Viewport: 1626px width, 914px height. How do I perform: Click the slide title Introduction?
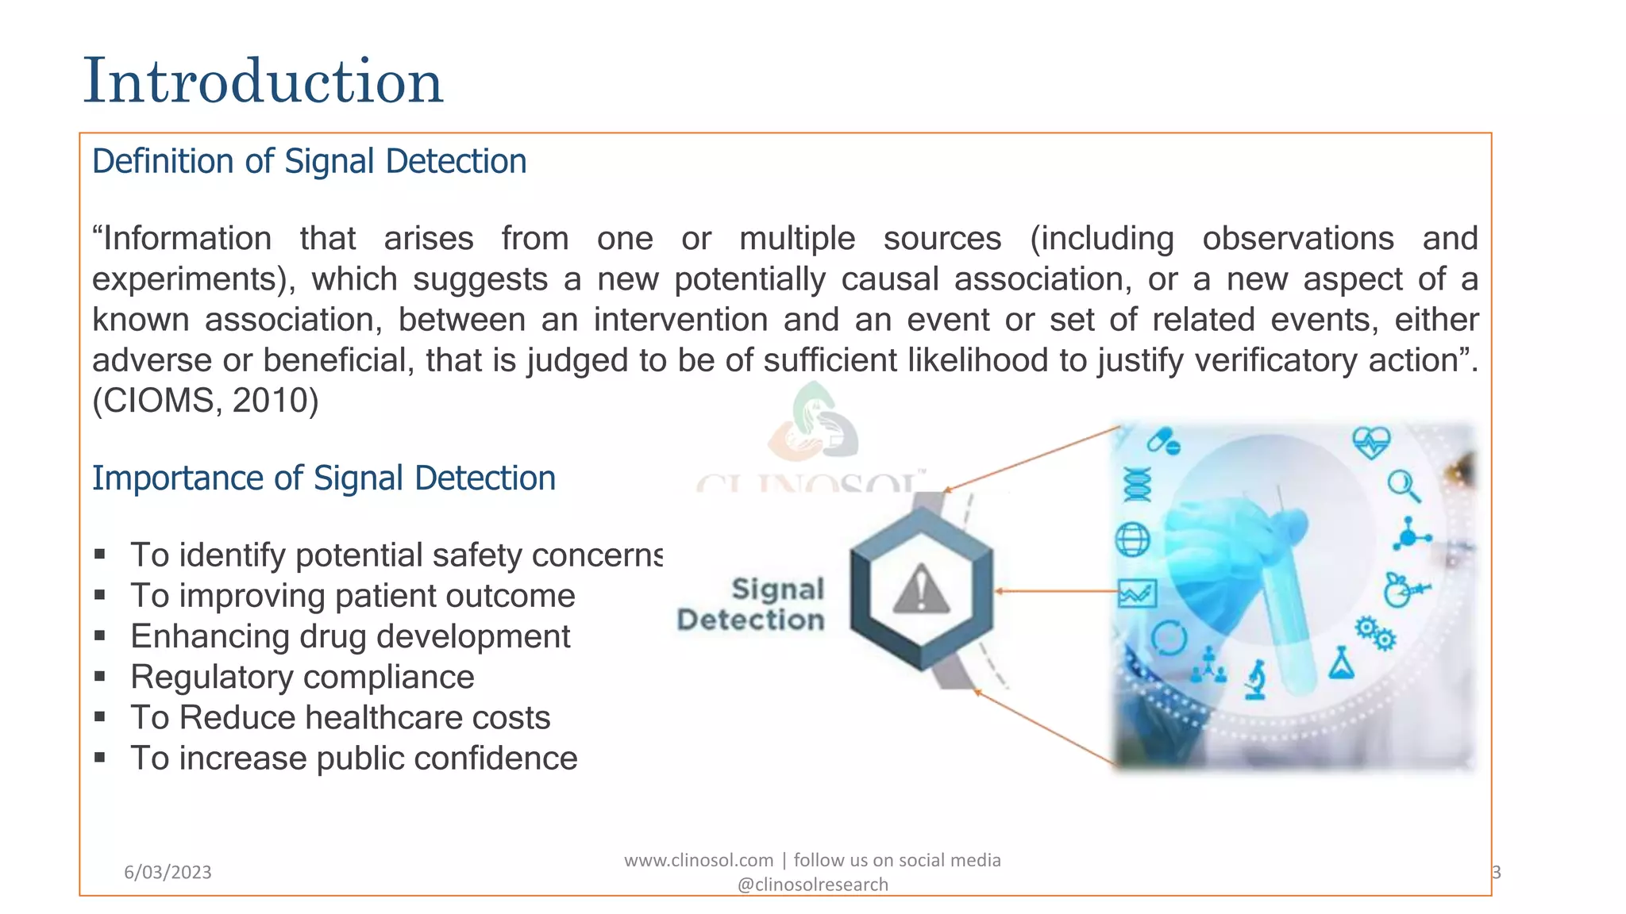(x=263, y=81)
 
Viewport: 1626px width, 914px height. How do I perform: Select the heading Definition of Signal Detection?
(x=309, y=161)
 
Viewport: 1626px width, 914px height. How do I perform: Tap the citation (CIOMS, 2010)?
(x=205, y=401)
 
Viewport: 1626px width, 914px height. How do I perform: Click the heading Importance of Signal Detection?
(x=323, y=478)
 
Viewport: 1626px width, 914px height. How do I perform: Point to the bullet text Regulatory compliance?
(x=302, y=677)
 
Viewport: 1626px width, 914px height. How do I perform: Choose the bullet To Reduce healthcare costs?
(x=340, y=717)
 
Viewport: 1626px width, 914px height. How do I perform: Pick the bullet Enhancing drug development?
(x=350, y=636)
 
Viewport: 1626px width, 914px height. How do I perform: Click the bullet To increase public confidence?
(x=353, y=758)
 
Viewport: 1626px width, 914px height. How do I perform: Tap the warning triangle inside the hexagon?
(x=921, y=590)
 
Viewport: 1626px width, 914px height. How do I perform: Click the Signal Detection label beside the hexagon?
(x=752, y=605)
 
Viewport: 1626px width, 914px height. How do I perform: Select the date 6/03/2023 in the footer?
(x=168, y=872)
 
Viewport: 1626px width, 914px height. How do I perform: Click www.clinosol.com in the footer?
(x=698, y=860)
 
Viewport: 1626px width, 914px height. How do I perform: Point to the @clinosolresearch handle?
(x=812, y=885)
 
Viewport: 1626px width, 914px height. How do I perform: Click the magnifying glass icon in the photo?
(x=1403, y=486)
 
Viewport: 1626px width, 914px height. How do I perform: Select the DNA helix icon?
(x=1136, y=484)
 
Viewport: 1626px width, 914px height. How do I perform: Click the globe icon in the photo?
(x=1132, y=540)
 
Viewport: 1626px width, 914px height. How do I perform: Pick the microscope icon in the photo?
(x=1255, y=680)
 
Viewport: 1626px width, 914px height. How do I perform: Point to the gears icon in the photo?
(x=1374, y=633)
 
